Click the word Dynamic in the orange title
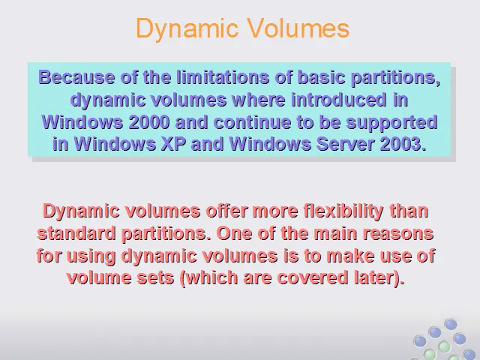coord(187,28)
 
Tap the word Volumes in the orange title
coord(298,28)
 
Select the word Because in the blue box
coord(76,76)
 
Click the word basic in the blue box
coord(321,76)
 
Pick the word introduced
coord(338,100)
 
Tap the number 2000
coord(149,122)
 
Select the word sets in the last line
coord(155,278)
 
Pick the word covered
coord(313,277)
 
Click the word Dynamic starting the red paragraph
coord(81,211)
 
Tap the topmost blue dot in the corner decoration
coord(451,324)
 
